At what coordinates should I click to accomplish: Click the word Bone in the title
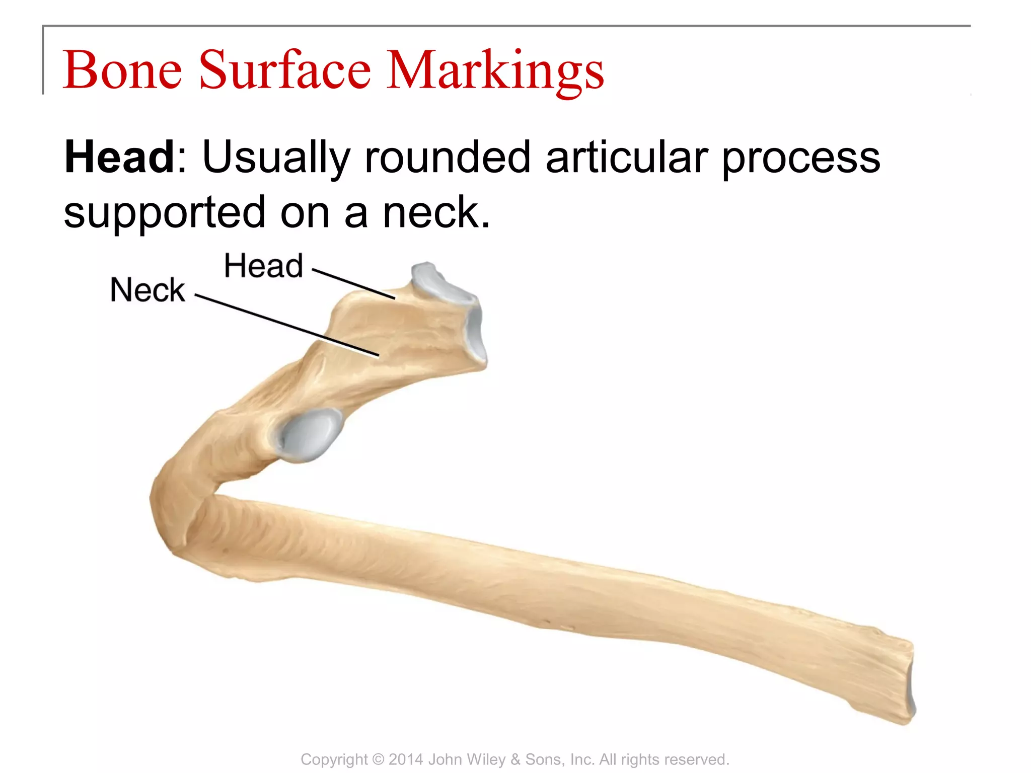click(x=122, y=70)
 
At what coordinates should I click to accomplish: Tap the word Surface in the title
click(x=285, y=70)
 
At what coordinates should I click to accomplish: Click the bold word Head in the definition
click(x=120, y=158)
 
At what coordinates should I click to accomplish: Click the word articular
click(x=626, y=158)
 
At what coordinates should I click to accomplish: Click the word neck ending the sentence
click(x=435, y=213)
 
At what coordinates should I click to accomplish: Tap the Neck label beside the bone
click(x=148, y=290)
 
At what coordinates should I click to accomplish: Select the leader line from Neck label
click(x=287, y=326)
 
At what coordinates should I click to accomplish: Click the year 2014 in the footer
click(x=406, y=759)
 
